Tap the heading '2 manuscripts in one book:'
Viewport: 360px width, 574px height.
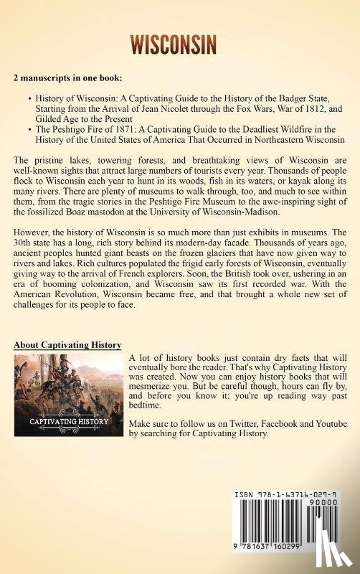click(x=67, y=77)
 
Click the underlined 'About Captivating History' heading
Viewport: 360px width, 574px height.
click(x=67, y=345)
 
